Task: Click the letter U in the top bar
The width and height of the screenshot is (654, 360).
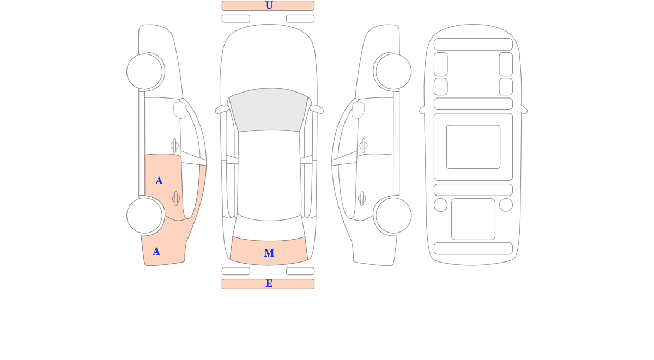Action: [x=269, y=5]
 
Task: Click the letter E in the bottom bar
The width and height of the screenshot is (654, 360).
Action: [x=269, y=283]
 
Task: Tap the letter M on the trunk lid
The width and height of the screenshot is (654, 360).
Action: [x=269, y=253]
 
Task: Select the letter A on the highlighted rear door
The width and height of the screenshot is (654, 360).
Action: [x=159, y=181]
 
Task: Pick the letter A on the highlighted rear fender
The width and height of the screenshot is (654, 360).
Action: [x=156, y=251]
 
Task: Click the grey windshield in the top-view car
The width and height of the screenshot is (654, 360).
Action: [x=269, y=109]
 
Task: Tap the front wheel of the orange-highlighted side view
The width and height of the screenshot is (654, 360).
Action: [x=144, y=71]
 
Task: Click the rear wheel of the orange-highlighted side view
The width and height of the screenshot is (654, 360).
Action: [x=144, y=216]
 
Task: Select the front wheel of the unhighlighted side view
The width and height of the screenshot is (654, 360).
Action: [x=393, y=71]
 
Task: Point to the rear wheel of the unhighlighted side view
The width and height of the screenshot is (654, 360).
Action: [x=393, y=216]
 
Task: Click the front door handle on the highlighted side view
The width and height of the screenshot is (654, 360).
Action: [x=174, y=145]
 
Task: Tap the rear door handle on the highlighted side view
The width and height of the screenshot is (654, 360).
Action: [x=176, y=199]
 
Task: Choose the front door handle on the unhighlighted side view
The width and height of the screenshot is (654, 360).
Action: [x=364, y=145]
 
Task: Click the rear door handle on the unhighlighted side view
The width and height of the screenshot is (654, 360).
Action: [x=362, y=199]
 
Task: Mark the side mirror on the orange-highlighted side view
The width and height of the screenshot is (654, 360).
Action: [x=180, y=110]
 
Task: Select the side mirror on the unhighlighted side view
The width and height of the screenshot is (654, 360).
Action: [x=358, y=110]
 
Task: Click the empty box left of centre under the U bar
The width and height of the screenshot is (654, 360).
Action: [x=236, y=19]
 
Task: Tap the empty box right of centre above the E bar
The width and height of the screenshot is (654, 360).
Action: [x=300, y=271]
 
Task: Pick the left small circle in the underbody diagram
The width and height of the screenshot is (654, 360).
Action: [x=440, y=205]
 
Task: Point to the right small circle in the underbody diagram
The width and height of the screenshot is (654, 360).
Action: [x=506, y=205]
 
